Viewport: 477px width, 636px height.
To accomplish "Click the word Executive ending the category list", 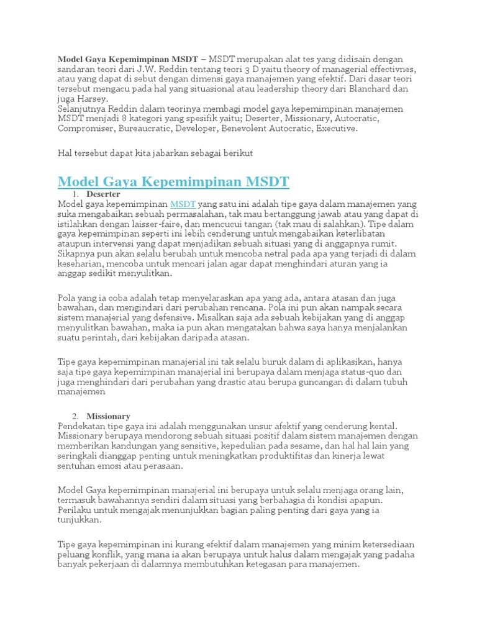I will click(337, 129).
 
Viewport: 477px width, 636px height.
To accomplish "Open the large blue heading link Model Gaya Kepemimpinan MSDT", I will click(173, 182).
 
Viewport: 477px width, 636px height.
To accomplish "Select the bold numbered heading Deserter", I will click(103, 194).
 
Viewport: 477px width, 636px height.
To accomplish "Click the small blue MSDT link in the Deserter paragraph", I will click(183, 204).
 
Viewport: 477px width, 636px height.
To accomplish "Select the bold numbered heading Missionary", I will click(108, 416).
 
